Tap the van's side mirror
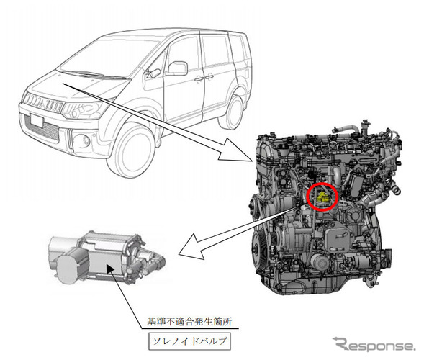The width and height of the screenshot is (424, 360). pyautogui.click(x=177, y=68)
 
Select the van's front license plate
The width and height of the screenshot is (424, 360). pyautogui.click(x=37, y=120)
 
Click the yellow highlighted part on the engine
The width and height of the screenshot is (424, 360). pyautogui.click(x=322, y=197)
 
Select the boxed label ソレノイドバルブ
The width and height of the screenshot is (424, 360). pyautogui.click(x=189, y=341)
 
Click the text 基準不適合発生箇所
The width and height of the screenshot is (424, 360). pyautogui.click(x=189, y=322)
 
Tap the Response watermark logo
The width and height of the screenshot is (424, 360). pyautogui.click(x=374, y=344)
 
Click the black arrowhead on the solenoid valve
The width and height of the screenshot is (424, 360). pyautogui.click(x=110, y=269)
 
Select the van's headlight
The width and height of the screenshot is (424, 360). pyautogui.click(x=84, y=109)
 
